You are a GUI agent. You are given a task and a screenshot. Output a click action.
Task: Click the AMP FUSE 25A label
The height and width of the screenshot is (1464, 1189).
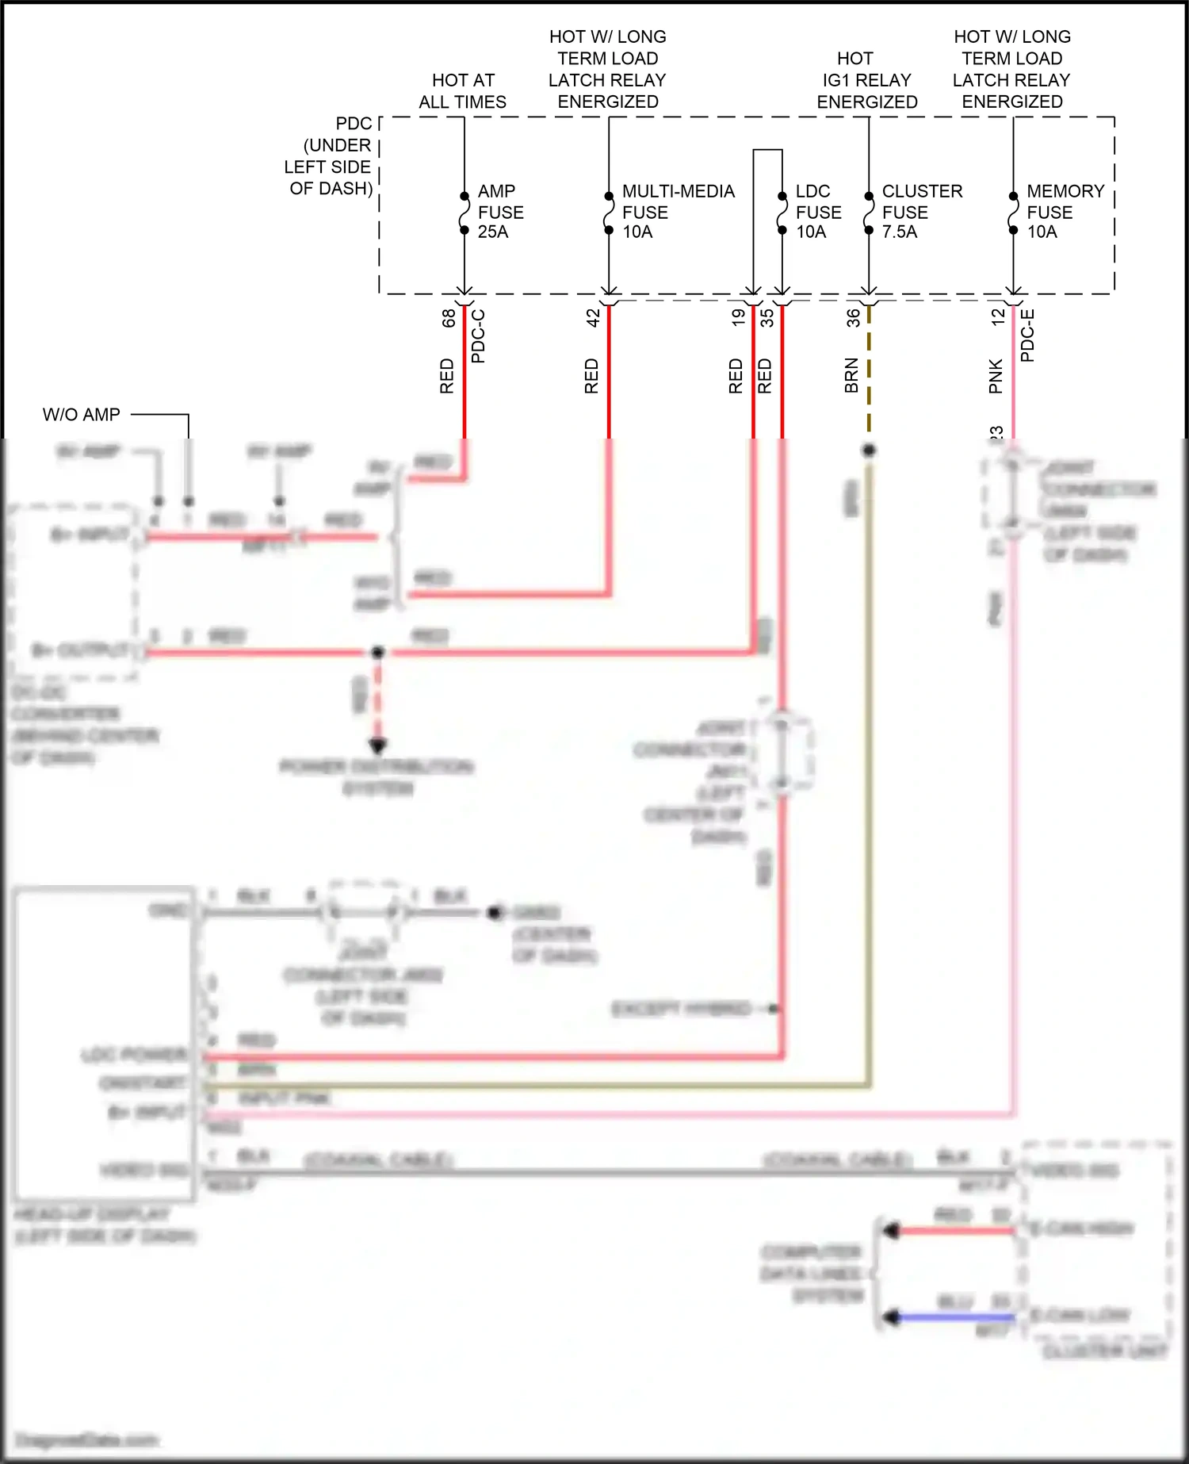[499, 212]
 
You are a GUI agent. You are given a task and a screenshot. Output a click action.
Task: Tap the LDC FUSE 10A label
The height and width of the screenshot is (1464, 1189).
[817, 212]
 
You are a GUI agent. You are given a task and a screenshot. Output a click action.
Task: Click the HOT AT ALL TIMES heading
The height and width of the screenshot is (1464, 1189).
[463, 91]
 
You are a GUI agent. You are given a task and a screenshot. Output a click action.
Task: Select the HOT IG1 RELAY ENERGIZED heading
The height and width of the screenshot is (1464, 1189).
[867, 80]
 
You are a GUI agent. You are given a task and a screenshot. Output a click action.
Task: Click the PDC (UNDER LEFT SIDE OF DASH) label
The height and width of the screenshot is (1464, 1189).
[331, 156]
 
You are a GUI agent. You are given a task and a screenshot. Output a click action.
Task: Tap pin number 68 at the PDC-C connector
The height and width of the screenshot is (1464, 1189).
[449, 317]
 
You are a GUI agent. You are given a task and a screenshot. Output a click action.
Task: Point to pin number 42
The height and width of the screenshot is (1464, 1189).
[593, 317]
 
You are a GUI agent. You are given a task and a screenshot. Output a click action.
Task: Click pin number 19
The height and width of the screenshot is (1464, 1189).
[738, 317]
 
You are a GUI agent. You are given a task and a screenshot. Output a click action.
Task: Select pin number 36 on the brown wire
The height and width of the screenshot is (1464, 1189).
[853, 317]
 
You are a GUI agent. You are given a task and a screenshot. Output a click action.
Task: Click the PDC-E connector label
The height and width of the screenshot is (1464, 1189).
[1027, 335]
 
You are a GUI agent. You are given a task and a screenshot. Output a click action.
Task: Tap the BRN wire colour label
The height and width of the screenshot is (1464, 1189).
[851, 376]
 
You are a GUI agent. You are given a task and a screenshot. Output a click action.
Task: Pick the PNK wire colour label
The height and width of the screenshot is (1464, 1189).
[996, 376]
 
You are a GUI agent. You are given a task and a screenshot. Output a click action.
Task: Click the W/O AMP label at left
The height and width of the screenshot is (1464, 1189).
[82, 415]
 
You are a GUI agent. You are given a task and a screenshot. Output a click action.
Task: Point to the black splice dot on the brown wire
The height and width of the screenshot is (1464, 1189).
[869, 450]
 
